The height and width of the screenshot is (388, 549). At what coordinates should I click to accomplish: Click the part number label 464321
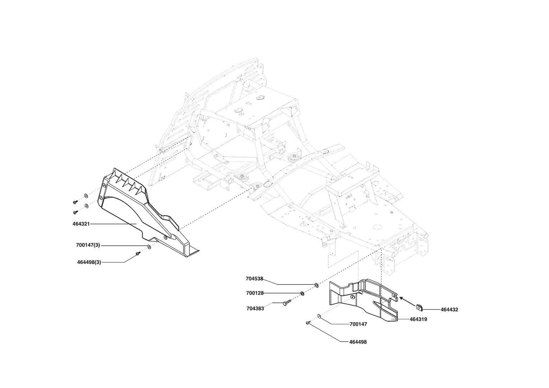[x=81, y=224]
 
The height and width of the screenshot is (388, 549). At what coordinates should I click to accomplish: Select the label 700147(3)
[x=88, y=245]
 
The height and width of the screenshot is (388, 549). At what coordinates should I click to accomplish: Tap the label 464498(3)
[x=89, y=262]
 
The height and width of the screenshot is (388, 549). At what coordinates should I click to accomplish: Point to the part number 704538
[x=255, y=278]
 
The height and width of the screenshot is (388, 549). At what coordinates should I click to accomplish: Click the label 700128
[x=255, y=293]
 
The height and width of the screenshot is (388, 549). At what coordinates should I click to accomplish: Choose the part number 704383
[x=255, y=308]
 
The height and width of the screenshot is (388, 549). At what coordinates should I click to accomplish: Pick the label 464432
[x=449, y=309]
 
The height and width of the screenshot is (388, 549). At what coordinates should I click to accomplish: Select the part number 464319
[x=418, y=319]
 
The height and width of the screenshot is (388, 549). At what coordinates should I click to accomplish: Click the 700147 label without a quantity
[x=358, y=324]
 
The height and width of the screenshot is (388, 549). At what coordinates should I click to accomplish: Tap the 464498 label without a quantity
[x=358, y=342]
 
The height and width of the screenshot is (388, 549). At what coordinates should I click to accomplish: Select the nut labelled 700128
[x=302, y=293]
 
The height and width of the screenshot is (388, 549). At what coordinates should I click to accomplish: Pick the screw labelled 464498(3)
[x=138, y=254]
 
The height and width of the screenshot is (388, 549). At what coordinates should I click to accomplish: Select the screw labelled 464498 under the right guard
[x=308, y=323]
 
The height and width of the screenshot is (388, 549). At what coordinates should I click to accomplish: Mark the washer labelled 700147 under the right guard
[x=319, y=316]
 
